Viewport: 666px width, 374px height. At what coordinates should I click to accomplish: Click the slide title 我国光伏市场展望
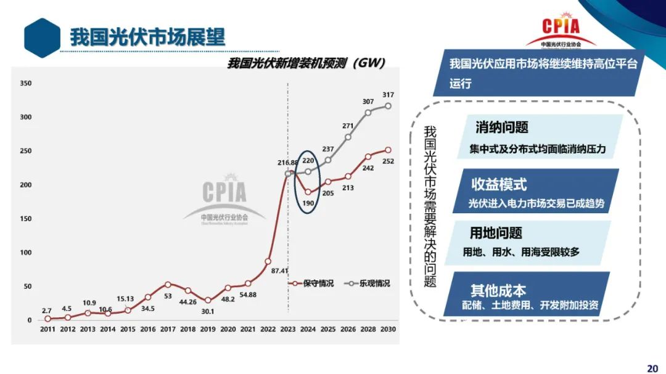click(x=147, y=36)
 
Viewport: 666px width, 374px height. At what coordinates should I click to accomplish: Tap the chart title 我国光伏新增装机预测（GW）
click(x=306, y=63)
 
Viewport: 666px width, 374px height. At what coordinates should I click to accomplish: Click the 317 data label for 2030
click(x=388, y=95)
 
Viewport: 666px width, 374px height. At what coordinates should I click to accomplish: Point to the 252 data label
click(x=388, y=161)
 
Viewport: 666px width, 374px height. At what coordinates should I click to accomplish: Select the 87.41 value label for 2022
click(x=280, y=270)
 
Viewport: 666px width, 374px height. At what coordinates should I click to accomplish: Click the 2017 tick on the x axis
click(x=168, y=330)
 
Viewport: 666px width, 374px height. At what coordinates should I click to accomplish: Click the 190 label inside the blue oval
click(x=308, y=203)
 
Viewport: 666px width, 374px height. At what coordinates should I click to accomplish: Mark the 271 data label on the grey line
click(x=348, y=126)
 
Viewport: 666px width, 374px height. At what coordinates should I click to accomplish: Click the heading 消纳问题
click(x=502, y=128)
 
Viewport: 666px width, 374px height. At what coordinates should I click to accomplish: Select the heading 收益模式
click(x=499, y=184)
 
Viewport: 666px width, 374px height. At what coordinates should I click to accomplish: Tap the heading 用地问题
click(x=496, y=233)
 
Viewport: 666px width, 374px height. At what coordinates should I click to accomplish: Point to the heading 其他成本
click(x=498, y=290)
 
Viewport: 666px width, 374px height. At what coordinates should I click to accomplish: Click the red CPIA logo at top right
click(x=561, y=28)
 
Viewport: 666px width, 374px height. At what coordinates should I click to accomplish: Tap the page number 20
click(x=652, y=368)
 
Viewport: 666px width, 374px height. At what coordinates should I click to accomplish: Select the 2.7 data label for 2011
click(x=47, y=311)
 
